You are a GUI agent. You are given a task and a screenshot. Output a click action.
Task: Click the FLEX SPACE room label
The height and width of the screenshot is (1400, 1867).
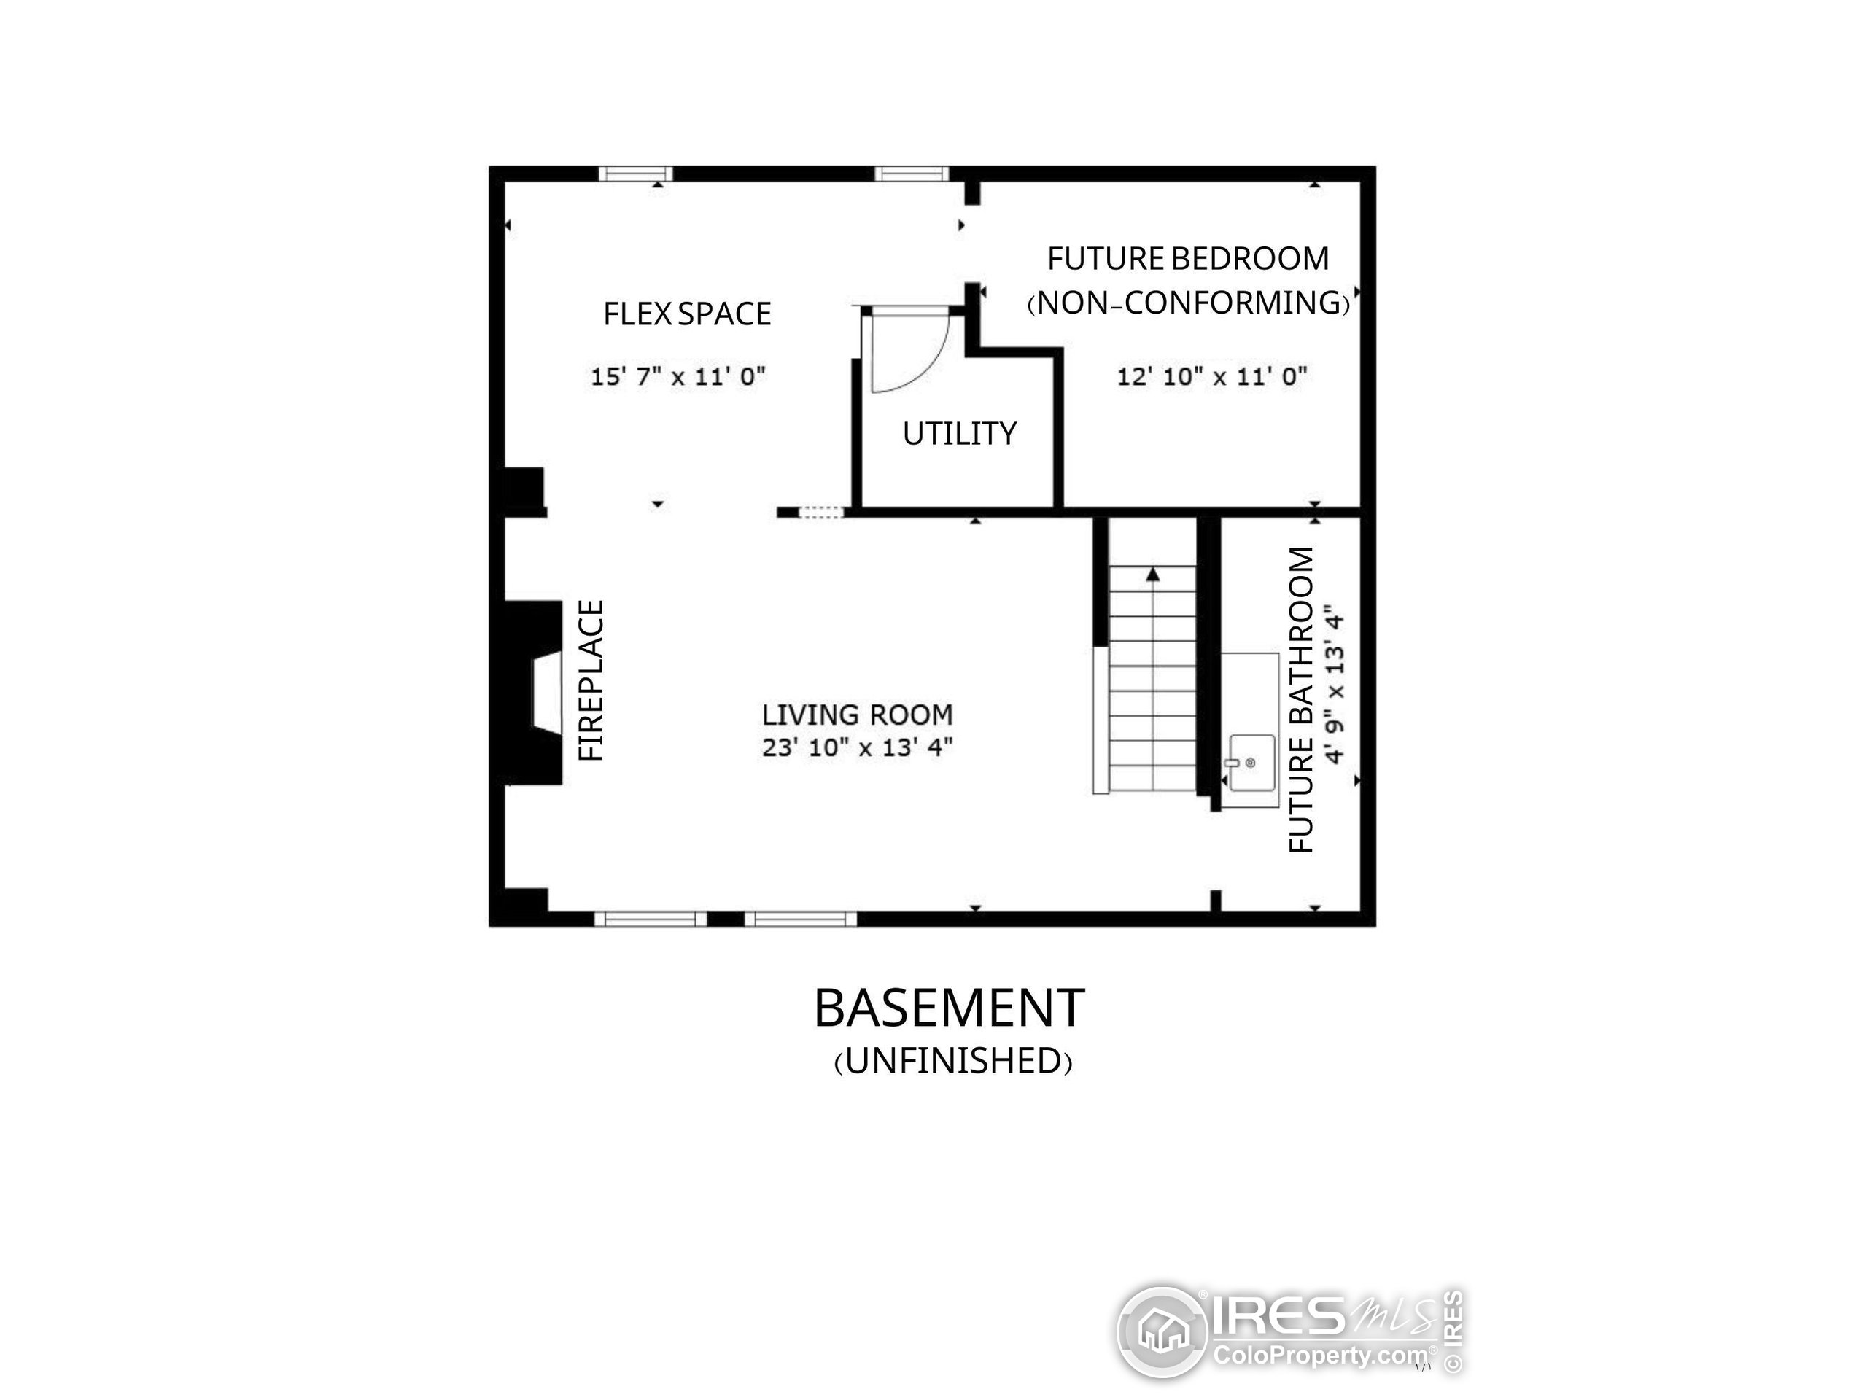point(686,314)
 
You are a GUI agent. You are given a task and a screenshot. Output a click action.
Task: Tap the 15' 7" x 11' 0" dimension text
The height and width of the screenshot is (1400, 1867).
point(678,376)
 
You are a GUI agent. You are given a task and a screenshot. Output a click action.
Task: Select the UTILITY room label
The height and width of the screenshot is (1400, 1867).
point(959,434)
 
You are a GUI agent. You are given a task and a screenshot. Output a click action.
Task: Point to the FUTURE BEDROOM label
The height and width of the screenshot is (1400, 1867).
point(1187,259)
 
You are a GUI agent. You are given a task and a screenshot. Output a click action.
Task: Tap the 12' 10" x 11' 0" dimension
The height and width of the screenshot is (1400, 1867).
point(1212,376)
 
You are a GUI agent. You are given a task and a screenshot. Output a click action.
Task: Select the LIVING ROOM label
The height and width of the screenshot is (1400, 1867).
point(857,715)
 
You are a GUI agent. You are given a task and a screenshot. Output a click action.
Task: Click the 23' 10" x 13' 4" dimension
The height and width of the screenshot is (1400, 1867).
point(857,747)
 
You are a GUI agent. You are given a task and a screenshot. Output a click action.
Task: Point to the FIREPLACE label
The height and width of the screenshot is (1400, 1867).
point(592,680)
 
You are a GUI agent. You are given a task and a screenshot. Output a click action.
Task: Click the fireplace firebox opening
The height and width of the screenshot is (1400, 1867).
point(546,688)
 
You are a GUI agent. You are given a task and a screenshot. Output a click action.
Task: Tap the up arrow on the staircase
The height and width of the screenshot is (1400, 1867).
point(1152,575)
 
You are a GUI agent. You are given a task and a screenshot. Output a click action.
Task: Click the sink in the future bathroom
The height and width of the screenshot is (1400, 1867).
point(1250,763)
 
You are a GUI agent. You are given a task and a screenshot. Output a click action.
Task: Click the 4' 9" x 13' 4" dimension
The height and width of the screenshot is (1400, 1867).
point(1334,683)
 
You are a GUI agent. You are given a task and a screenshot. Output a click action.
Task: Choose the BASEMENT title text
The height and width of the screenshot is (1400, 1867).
point(949,1008)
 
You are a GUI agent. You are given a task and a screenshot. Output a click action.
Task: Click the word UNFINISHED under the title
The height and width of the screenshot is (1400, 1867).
point(953,1062)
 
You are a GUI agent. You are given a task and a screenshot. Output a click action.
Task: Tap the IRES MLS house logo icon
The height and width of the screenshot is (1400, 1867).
point(1162,1332)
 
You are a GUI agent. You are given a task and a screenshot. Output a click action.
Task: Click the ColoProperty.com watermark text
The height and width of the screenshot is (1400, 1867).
point(1319,1356)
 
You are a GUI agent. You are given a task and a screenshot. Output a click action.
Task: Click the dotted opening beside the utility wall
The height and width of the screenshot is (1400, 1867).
point(820,512)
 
